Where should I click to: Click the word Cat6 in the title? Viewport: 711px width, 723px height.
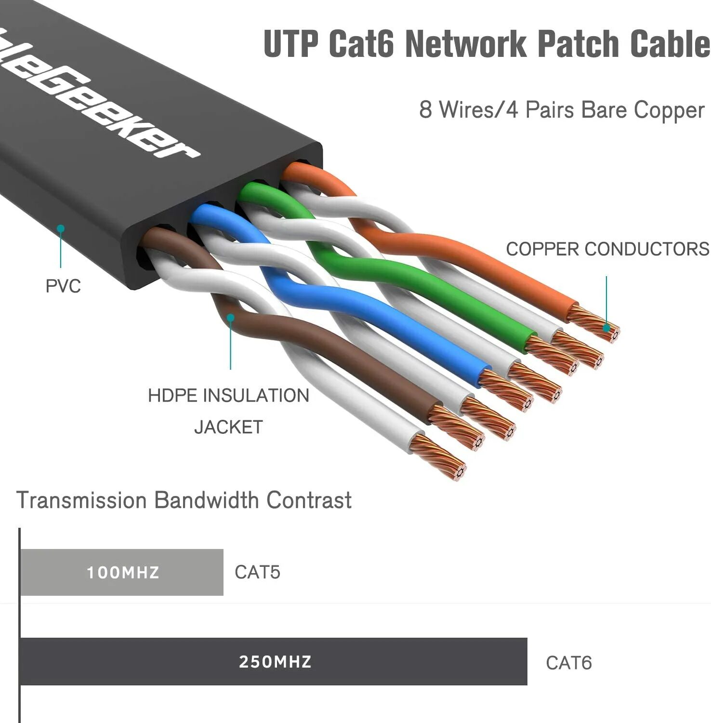pyautogui.click(x=361, y=44)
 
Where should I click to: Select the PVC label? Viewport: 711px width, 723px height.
pyautogui.click(x=63, y=286)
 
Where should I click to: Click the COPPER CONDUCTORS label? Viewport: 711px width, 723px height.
pyautogui.click(x=607, y=249)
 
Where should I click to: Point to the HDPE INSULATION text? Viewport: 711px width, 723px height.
pyautogui.click(x=228, y=396)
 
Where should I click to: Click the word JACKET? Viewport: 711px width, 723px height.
pyautogui.click(x=228, y=427)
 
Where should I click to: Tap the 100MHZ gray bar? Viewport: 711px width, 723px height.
pyautogui.click(x=122, y=572)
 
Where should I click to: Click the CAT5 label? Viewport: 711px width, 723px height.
pyautogui.click(x=257, y=572)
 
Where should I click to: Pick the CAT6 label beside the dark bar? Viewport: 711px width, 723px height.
pyautogui.click(x=568, y=663)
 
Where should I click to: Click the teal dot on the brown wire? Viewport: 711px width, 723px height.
pyautogui.click(x=231, y=318)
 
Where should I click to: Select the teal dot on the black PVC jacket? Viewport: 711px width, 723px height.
pyautogui.click(x=61, y=228)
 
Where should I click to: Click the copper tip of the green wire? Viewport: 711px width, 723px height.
pyautogui.click(x=553, y=355)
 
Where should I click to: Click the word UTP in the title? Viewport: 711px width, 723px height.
pyautogui.click(x=291, y=44)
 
